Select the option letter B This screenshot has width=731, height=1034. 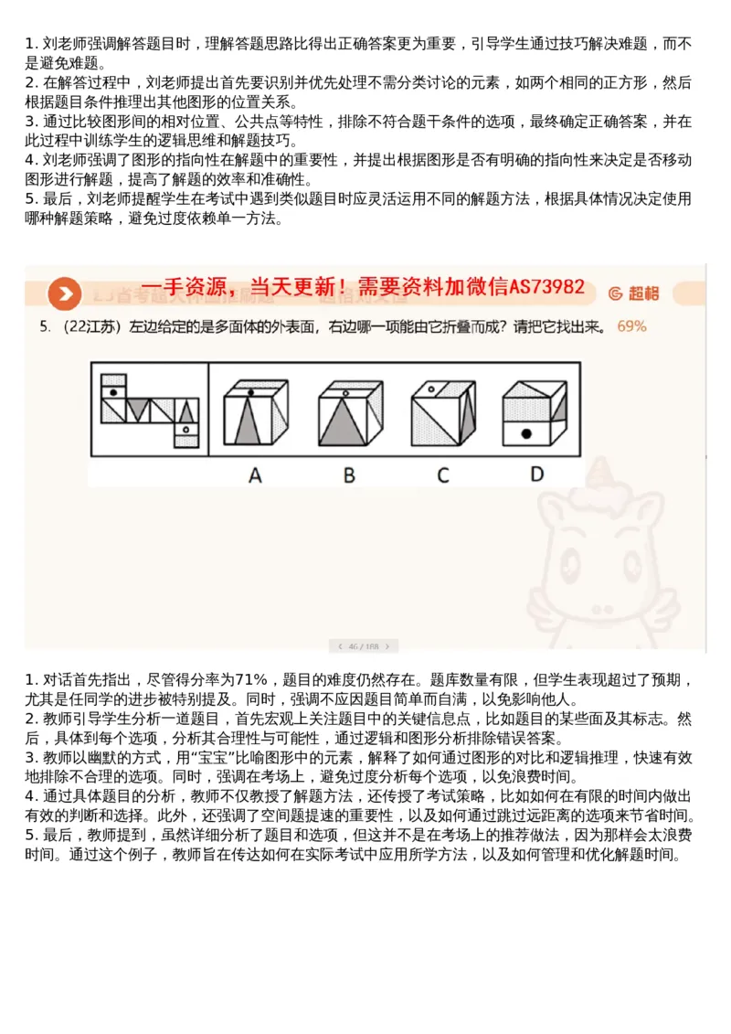349,474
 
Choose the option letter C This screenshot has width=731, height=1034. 442,474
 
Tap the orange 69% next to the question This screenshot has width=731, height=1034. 631,326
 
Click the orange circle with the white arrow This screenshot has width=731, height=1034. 65,293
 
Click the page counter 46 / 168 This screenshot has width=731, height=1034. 364,646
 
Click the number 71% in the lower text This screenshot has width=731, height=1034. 250,679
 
